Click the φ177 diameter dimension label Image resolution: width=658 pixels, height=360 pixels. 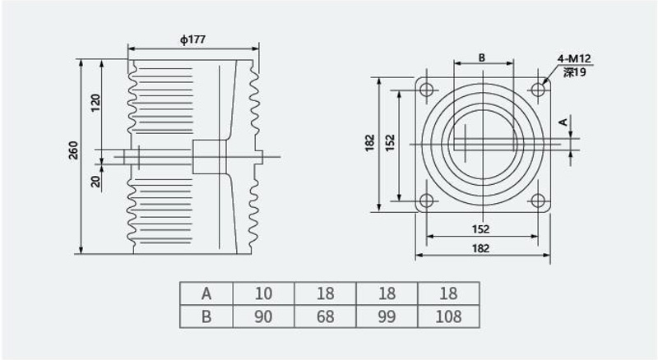pos(193,39)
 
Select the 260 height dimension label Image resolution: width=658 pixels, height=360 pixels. pos(73,150)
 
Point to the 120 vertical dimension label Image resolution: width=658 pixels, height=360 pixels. pos(96,103)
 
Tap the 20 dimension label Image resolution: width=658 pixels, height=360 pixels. pos(96,181)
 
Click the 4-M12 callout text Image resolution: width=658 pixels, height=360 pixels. pos(574,58)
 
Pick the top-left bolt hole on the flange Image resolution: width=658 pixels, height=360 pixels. pos(427,90)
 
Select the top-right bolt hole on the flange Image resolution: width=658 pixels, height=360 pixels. pos(539,90)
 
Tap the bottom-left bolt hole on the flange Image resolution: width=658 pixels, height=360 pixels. pos(427,201)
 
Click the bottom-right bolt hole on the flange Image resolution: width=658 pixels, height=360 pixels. pos(539,201)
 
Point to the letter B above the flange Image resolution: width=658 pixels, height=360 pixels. pos(482,58)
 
